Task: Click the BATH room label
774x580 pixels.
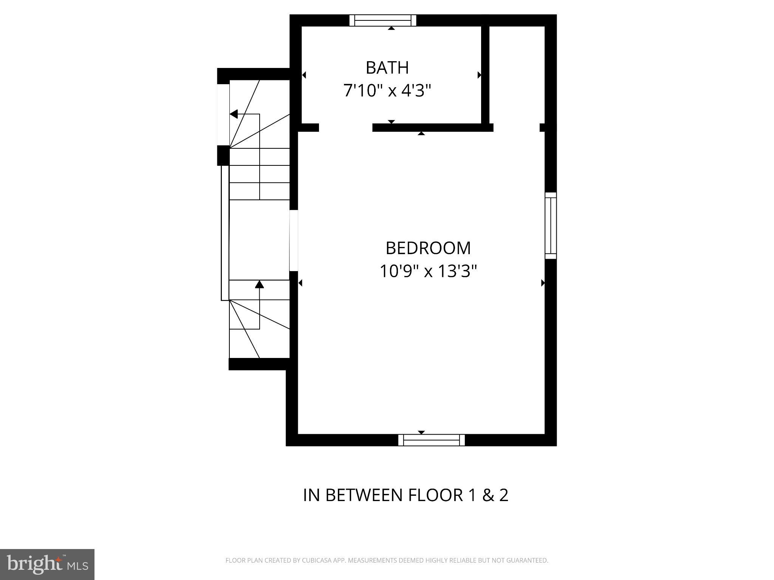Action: [x=387, y=68]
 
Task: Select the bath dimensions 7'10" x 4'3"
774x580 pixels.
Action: [x=387, y=91]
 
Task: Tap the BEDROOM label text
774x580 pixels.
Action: [x=428, y=248]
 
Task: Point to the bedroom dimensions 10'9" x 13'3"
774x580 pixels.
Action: [x=428, y=271]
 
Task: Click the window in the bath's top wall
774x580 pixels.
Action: [x=382, y=20]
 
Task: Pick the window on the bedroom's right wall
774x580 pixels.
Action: [x=551, y=225]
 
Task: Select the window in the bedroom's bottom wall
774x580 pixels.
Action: [x=431, y=440]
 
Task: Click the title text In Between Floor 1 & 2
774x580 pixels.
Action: [x=406, y=495]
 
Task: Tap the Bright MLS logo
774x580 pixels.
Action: [x=47, y=565]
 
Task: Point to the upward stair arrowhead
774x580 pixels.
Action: [x=259, y=284]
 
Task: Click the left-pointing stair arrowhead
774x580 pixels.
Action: [x=234, y=114]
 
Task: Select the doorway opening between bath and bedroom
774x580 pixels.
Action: [x=345, y=128]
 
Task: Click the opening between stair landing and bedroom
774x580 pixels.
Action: [x=294, y=240]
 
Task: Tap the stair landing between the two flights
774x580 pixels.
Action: [x=259, y=240]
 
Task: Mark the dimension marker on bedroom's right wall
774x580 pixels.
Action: [x=543, y=282]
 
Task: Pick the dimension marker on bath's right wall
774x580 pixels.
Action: [x=479, y=75]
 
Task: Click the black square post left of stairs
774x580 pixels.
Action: [x=223, y=156]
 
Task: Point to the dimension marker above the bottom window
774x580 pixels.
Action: [x=421, y=432]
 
